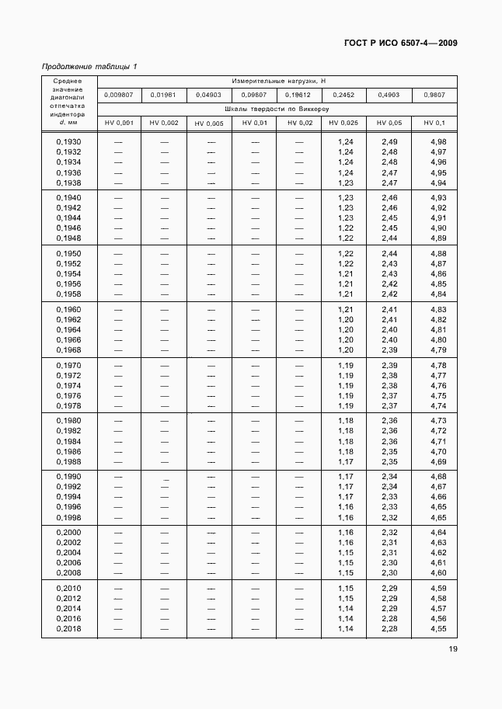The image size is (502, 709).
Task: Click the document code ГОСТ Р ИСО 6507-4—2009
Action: click(399, 43)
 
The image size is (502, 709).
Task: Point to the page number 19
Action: click(451, 651)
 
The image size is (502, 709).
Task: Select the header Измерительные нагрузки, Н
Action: click(277, 81)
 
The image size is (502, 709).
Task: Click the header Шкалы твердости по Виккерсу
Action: click(277, 109)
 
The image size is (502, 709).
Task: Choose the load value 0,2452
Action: click(343, 95)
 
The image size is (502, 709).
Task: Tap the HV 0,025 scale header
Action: click(343, 123)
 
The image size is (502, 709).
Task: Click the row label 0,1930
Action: click(68, 141)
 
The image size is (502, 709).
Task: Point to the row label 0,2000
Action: click(68, 532)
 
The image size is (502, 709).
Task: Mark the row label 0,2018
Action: click(68, 629)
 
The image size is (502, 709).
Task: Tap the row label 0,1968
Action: click(68, 350)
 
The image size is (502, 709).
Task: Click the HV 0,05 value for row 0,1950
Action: click(389, 254)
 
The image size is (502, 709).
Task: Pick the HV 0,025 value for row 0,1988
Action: click(346, 461)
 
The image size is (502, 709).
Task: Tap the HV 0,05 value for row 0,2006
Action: click(389, 562)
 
